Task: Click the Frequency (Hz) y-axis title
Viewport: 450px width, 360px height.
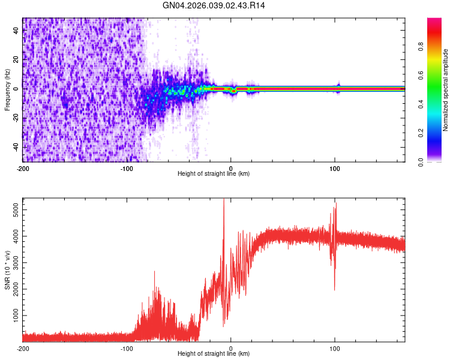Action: [7, 91]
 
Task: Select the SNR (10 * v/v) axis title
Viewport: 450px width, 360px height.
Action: [7, 271]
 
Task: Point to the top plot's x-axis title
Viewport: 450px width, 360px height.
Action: [214, 173]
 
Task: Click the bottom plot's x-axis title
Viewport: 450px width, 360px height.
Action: [214, 353]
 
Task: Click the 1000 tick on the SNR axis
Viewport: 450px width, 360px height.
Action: [13, 316]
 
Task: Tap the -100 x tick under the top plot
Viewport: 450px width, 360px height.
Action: [127, 167]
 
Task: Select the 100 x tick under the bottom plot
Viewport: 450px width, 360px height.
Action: [335, 347]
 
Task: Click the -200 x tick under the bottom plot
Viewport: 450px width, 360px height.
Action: [23, 347]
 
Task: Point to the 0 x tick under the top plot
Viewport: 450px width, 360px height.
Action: [231, 167]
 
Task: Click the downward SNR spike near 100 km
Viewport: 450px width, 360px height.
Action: [335, 289]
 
